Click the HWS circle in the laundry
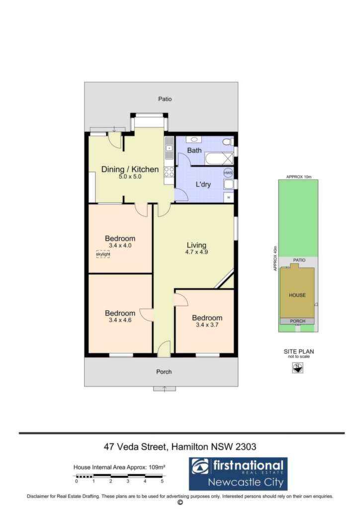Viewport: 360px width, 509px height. pyautogui.click(x=228, y=172)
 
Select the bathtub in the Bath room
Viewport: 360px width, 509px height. pyautogui.click(x=219, y=159)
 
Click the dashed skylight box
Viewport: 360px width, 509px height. pyautogui.click(x=103, y=254)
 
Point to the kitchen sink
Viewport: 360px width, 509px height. pyautogui.click(x=169, y=148)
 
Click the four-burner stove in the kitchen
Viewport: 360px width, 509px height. pyautogui.click(x=169, y=171)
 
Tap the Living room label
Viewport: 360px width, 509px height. pyautogui.click(x=196, y=245)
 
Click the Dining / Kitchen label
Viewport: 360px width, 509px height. pyautogui.click(x=130, y=169)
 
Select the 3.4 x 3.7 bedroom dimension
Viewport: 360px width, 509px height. pyautogui.click(x=207, y=325)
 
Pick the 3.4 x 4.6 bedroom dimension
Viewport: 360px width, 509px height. pyautogui.click(x=120, y=320)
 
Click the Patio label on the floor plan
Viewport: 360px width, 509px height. pyautogui.click(x=165, y=99)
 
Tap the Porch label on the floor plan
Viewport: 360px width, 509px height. pyautogui.click(x=164, y=372)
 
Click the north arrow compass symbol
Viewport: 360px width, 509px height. pyautogui.click(x=298, y=368)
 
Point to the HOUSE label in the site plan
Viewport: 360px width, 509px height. pyautogui.click(x=297, y=295)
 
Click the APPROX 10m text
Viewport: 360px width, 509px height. pyautogui.click(x=299, y=177)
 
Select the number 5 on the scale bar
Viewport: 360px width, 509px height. pyautogui.click(x=162, y=481)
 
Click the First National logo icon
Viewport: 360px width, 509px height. pyautogui.click(x=200, y=466)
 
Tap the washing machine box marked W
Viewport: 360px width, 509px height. pyautogui.click(x=229, y=197)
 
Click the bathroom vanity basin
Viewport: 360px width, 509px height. pyautogui.click(x=194, y=139)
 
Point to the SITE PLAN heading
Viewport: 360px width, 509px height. pyautogui.click(x=299, y=351)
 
